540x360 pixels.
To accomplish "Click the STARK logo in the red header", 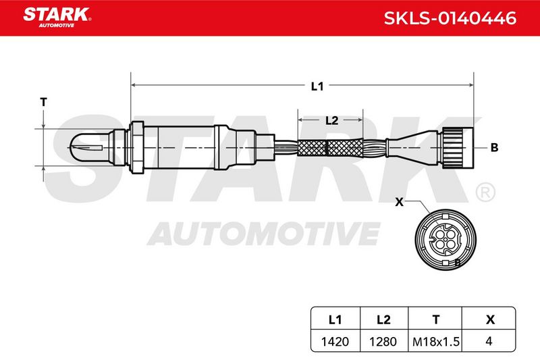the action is [x=57, y=18].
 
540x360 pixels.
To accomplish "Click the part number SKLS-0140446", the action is [x=450, y=18].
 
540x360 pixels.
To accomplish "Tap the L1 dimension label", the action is [x=317, y=86].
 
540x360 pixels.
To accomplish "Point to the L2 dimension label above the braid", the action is [x=331, y=121].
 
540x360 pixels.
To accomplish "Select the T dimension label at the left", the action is [x=43, y=102].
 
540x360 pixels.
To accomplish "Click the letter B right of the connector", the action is [x=494, y=148].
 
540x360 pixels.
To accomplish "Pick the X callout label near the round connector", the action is [x=399, y=202].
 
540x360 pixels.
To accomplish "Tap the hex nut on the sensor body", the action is [x=136, y=147].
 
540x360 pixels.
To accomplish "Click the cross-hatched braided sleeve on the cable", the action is [x=330, y=147].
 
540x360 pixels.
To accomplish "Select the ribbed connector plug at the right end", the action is [x=458, y=147].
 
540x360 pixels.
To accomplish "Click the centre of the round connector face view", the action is [x=446, y=239].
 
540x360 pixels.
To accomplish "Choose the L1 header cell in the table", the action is [x=335, y=319].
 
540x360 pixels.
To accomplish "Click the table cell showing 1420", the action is [x=335, y=341].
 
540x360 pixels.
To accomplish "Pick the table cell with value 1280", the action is [x=383, y=341].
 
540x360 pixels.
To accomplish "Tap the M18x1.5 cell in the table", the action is [x=435, y=341].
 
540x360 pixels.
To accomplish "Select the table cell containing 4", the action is [x=489, y=341].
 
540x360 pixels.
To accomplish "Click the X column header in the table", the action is [x=490, y=319].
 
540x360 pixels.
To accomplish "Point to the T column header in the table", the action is [x=435, y=319].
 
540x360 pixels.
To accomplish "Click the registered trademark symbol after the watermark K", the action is [x=485, y=192].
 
